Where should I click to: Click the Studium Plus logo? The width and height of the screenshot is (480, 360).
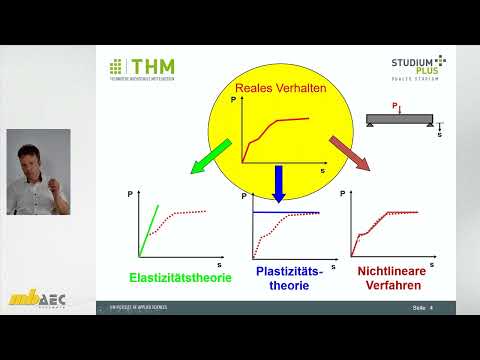417,64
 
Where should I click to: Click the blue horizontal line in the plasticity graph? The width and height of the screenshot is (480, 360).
287,212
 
